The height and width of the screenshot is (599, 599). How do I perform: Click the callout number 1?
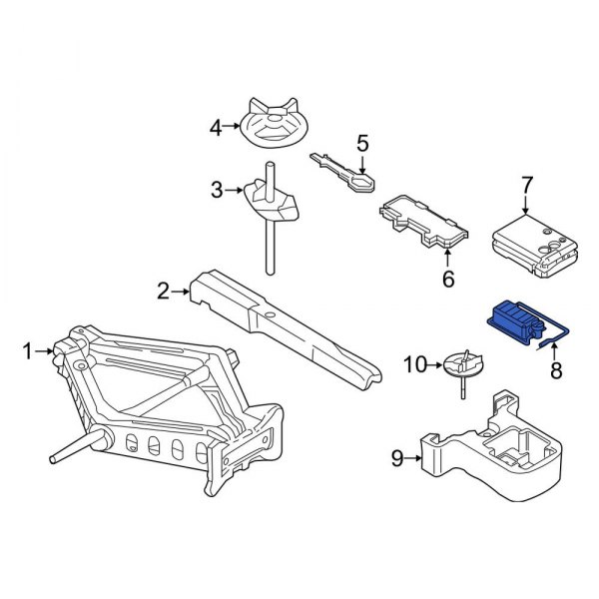tap(28, 351)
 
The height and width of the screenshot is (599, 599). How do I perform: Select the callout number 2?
tap(163, 292)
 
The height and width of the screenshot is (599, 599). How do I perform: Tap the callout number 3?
tap(217, 190)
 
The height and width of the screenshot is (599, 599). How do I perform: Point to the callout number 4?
tap(216, 128)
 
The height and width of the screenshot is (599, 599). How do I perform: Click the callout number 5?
tap(362, 143)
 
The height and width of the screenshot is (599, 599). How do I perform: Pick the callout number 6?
tap(448, 279)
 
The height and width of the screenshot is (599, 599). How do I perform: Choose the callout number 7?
tap(526, 186)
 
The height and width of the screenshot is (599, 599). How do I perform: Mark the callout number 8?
tap(556, 370)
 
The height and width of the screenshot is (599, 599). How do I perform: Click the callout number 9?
tap(397, 457)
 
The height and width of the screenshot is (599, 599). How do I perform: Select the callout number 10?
tap(415, 364)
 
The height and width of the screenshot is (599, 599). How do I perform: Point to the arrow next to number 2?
tap(181, 292)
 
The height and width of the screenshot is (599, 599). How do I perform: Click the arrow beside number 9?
tap(413, 457)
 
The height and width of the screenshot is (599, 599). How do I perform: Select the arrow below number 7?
tap(526, 205)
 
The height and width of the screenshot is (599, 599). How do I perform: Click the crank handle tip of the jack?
tap(54, 459)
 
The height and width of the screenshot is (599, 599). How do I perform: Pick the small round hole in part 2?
tap(271, 315)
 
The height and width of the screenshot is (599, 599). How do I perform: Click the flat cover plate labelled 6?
tap(424, 222)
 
